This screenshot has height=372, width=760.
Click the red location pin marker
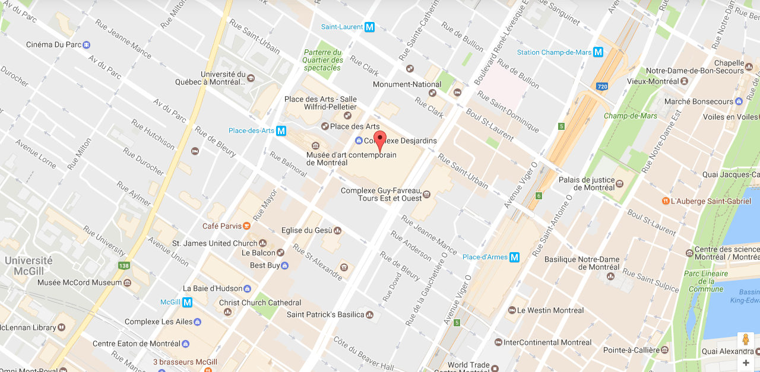[x=381, y=140]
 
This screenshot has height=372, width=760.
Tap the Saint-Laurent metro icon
[x=370, y=27]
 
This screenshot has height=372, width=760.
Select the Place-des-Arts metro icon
[x=281, y=131]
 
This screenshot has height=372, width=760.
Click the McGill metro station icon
[x=187, y=302]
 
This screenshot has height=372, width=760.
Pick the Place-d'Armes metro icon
[x=514, y=257]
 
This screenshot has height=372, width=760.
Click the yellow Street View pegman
[x=746, y=341]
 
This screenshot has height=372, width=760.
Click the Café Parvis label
[x=222, y=226]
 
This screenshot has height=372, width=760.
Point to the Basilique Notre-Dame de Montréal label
[x=582, y=263]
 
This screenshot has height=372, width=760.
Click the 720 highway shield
[x=601, y=87]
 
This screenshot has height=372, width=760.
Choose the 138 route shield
[x=123, y=266]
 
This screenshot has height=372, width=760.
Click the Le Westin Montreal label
[x=550, y=310]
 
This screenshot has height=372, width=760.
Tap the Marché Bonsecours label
[x=698, y=101]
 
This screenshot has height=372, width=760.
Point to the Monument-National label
[x=407, y=84]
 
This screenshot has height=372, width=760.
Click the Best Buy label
[x=265, y=265]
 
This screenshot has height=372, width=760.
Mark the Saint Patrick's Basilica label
[x=325, y=314]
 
